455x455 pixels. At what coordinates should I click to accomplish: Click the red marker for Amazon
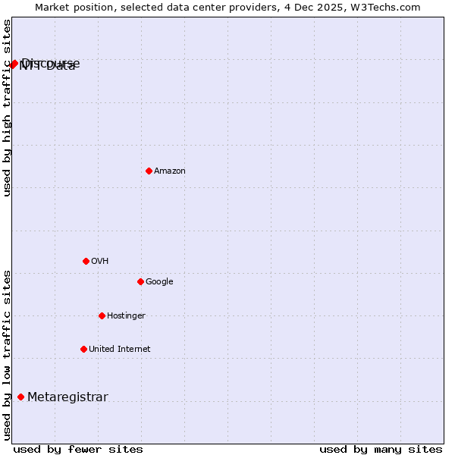tap(149, 171)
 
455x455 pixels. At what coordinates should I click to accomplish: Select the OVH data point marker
tap(86, 261)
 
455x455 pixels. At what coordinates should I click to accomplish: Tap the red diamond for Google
tap(140, 281)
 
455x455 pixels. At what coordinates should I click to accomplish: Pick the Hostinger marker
tap(102, 315)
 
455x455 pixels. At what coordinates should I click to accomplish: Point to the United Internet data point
tap(83, 349)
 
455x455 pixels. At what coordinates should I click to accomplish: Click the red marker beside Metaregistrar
tap(20, 397)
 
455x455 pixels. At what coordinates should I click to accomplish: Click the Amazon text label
tap(170, 171)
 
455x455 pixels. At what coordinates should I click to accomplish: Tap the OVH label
tap(99, 262)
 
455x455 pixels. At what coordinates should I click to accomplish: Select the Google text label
tap(159, 282)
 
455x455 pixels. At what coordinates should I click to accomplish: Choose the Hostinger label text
tap(126, 316)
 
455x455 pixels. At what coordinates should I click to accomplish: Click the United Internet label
tap(119, 350)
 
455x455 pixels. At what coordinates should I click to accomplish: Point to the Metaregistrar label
tap(67, 397)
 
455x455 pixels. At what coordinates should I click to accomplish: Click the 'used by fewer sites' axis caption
tap(78, 450)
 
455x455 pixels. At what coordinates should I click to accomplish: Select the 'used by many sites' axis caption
tap(381, 450)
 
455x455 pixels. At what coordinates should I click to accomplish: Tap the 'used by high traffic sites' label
tap(7, 108)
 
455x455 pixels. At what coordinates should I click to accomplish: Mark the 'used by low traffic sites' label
tap(7, 355)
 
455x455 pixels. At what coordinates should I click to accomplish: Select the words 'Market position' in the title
tap(69, 7)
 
